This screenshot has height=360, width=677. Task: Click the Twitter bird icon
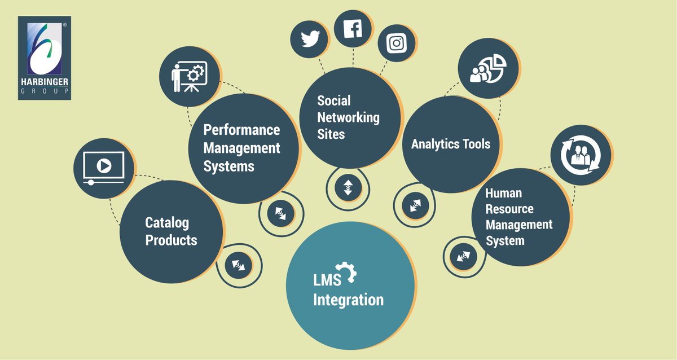coord(309,39)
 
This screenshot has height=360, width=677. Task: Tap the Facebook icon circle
coord(353,28)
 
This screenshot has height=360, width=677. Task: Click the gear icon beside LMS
coord(346,273)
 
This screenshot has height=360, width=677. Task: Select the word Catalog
coord(167,222)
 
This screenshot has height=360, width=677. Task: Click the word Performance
coord(241,130)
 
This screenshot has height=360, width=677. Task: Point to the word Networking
coord(348,117)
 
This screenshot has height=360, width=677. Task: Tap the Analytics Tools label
coord(451,143)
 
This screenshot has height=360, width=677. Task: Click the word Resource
coord(509,209)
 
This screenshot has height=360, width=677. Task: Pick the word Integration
coord(348,299)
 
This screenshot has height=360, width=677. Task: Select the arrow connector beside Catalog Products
coord(239,264)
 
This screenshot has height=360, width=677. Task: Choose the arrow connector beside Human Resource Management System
coord(464,257)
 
